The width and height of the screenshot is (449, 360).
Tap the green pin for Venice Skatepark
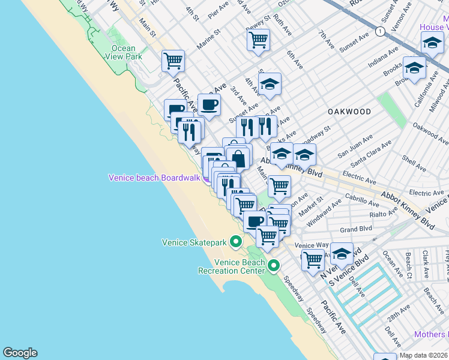(236, 242)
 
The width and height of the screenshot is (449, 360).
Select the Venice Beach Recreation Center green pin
(274, 265)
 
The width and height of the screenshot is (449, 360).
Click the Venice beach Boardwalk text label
(154, 178)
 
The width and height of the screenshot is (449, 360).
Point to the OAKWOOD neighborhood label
(349, 112)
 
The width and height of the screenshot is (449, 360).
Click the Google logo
(20, 353)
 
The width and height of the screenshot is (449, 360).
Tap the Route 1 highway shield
(380, 31)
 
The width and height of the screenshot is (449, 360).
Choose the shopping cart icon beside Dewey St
(258, 40)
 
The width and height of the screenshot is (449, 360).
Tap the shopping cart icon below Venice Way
(313, 260)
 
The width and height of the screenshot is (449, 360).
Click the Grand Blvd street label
(356, 229)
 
